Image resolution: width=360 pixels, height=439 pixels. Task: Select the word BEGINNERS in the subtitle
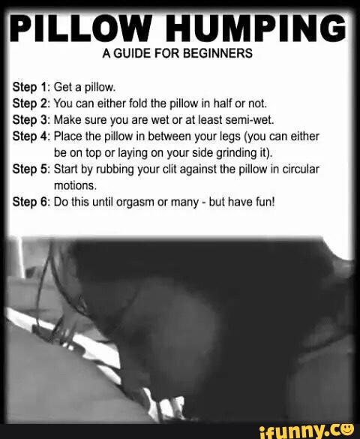click(217, 53)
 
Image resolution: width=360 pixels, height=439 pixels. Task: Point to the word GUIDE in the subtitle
click(132, 53)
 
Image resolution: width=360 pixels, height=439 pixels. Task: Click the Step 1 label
click(31, 87)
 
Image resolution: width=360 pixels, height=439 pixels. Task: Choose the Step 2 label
click(31, 104)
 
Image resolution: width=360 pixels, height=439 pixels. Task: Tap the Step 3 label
click(31, 120)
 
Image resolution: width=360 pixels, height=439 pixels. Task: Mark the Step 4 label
click(31, 137)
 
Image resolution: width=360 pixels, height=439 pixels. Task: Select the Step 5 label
click(31, 170)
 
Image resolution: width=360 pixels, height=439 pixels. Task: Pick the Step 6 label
click(31, 202)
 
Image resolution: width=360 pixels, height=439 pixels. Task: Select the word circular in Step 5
click(301, 170)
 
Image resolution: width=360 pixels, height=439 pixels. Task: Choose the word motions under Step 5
click(75, 185)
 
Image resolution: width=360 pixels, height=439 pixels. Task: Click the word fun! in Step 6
click(265, 202)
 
